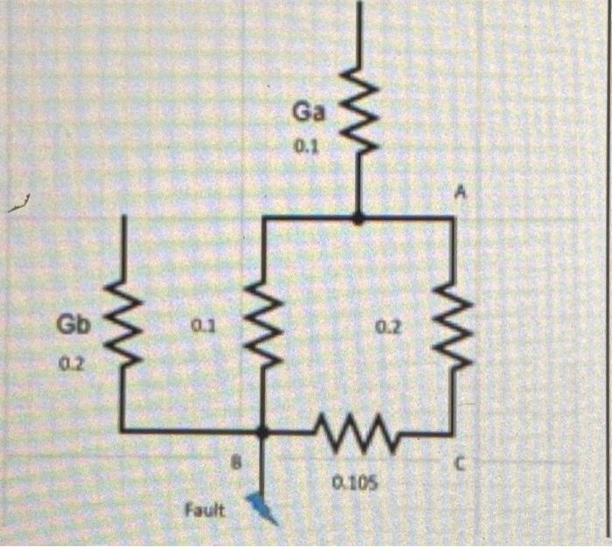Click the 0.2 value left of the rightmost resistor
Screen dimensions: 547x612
[x=388, y=326]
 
